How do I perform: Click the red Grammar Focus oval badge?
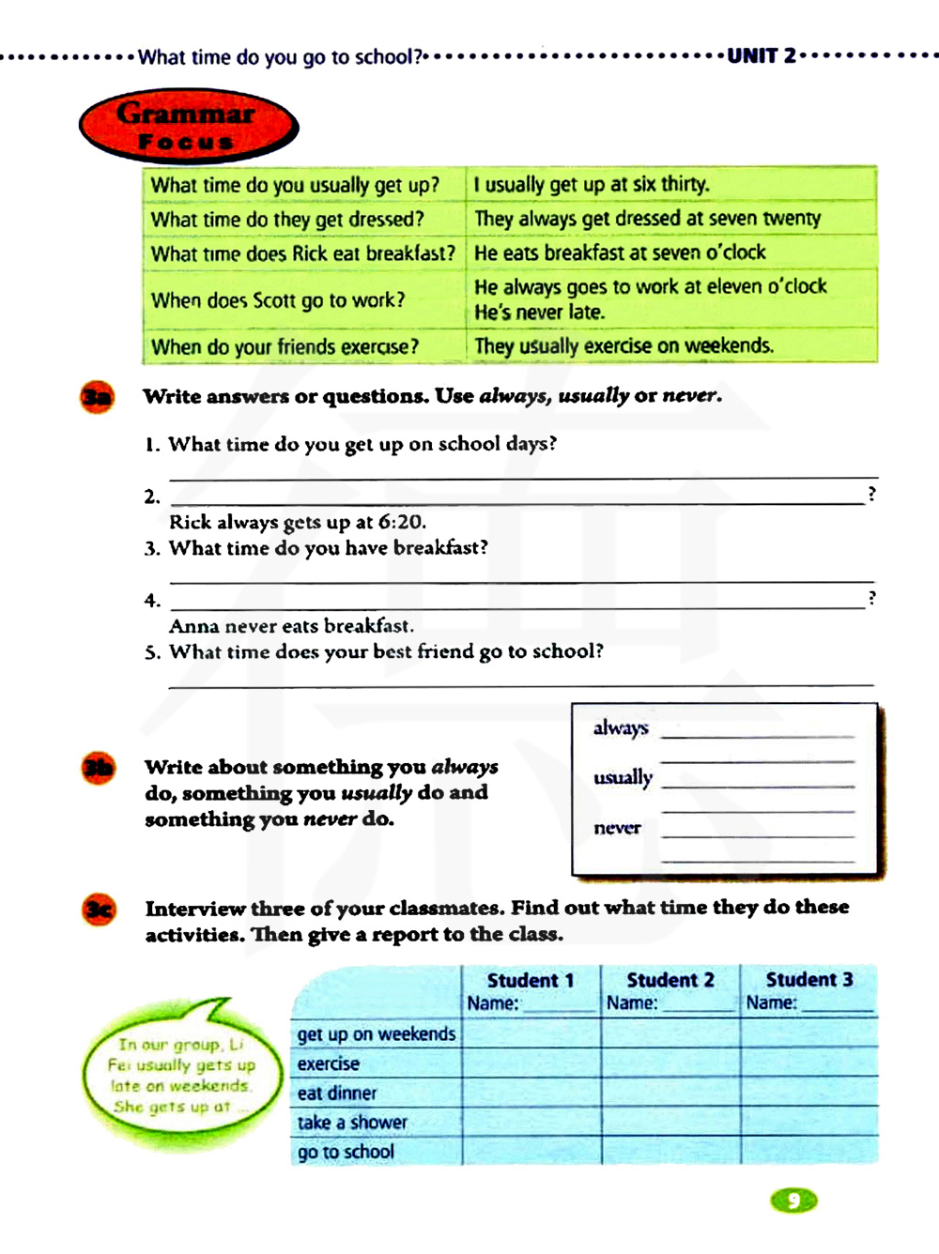pyautogui.click(x=188, y=127)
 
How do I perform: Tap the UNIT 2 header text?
pyautogui.click(x=762, y=56)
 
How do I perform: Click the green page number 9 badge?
pyautogui.click(x=793, y=1200)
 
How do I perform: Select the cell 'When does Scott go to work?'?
pyautogui.click(x=278, y=300)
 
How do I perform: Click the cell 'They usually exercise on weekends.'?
pyautogui.click(x=624, y=346)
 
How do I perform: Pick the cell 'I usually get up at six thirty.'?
pyautogui.click(x=592, y=184)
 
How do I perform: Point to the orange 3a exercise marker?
pyautogui.click(x=97, y=397)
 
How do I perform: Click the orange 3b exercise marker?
pyautogui.click(x=98, y=768)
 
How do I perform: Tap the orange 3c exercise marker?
pyautogui.click(x=100, y=910)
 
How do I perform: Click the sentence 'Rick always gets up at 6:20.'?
pyautogui.click(x=298, y=522)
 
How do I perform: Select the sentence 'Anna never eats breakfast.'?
pyautogui.click(x=291, y=626)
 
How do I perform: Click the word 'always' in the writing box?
pyautogui.click(x=621, y=727)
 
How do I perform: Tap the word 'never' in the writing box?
pyautogui.click(x=617, y=828)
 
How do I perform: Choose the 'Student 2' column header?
pyautogui.click(x=670, y=980)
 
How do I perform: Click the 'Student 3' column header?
pyautogui.click(x=809, y=980)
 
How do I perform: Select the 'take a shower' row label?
pyautogui.click(x=352, y=1123)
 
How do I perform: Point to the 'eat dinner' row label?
pyautogui.click(x=337, y=1093)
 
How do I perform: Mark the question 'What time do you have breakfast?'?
pyautogui.click(x=328, y=548)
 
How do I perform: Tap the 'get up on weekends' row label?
pyautogui.click(x=377, y=1034)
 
